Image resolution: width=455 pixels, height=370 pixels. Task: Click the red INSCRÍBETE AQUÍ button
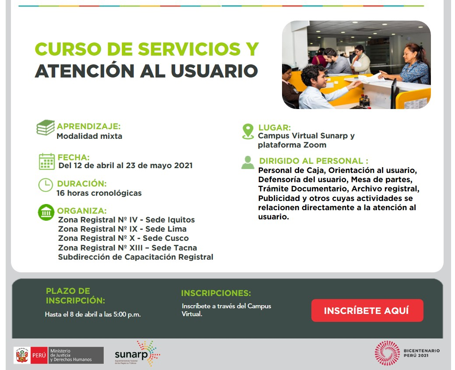(x=367, y=310)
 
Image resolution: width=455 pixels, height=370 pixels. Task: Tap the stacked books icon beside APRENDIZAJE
(x=46, y=128)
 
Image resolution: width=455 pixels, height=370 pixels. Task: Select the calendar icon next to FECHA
(x=47, y=161)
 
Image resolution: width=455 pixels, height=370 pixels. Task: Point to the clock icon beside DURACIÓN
(x=46, y=185)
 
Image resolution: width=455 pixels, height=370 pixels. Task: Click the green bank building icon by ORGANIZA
(x=46, y=212)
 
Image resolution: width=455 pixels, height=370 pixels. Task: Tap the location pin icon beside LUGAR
(x=248, y=131)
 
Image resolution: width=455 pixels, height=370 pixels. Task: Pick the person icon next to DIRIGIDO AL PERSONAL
(x=247, y=162)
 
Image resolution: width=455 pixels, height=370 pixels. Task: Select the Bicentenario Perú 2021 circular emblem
(x=387, y=353)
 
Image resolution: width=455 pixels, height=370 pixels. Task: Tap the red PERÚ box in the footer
(x=39, y=355)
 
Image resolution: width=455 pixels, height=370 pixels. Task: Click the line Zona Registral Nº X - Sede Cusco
(x=123, y=238)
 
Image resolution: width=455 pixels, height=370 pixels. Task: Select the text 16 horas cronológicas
(x=99, y=193)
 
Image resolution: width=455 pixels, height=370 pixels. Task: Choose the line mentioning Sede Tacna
(x=127, y=248)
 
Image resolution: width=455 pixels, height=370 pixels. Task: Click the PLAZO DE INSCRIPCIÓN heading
(x=75, y=296)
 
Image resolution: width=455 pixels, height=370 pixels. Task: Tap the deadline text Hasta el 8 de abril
(x=92, y=314)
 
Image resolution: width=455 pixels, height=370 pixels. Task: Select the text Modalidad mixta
(x=89, y=136)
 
